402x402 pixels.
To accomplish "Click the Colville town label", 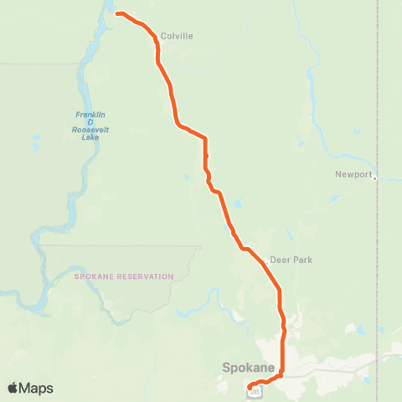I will pos(178,36).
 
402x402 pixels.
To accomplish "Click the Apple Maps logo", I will pos(30,388).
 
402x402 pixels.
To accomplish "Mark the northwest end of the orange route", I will pos(117,13).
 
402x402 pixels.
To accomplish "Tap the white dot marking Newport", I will pos(375,178).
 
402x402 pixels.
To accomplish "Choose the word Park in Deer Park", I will pos(302,260).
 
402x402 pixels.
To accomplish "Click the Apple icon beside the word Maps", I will pos(13,388).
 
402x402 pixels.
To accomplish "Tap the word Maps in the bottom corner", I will pos(37,388).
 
